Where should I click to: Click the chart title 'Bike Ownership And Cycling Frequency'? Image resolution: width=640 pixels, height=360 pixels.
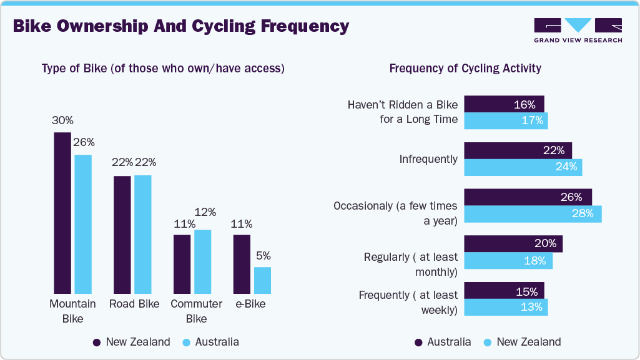click(180, 26)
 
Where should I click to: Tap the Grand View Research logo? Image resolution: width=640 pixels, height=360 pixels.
click(578, 31)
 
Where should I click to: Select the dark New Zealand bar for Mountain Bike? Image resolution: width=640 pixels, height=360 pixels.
click(62, 213)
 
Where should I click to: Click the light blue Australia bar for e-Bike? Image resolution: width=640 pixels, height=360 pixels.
click(262, 280)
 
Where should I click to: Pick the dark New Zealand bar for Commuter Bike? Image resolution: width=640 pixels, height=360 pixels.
click(182, 264)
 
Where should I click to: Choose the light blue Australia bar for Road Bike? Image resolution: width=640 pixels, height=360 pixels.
click(142, 234)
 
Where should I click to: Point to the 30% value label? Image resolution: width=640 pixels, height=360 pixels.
click(62, 120)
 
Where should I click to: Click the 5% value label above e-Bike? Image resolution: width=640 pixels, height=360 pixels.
click(262, 255)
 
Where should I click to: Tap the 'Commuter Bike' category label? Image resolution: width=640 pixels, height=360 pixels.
click(196, 311)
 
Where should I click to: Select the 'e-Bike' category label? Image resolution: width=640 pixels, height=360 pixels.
click(250, 304)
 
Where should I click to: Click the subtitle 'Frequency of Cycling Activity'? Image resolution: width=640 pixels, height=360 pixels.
click(465, 69)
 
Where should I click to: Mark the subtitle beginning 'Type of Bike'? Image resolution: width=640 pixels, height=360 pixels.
click(163, 69)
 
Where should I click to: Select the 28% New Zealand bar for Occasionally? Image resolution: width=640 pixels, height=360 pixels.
click(533, 214)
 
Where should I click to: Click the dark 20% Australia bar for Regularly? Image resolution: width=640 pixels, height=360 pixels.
click(513, 244)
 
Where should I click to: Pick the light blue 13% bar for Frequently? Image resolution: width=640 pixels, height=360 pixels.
click(506, 307)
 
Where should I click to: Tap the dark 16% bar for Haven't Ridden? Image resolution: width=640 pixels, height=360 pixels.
click(504, 104)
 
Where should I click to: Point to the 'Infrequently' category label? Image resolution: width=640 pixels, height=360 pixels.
click(428, 159)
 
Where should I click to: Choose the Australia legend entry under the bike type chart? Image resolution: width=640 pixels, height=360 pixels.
click(210, 342)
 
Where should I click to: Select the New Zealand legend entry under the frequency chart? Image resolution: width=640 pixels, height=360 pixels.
click(522, 342)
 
